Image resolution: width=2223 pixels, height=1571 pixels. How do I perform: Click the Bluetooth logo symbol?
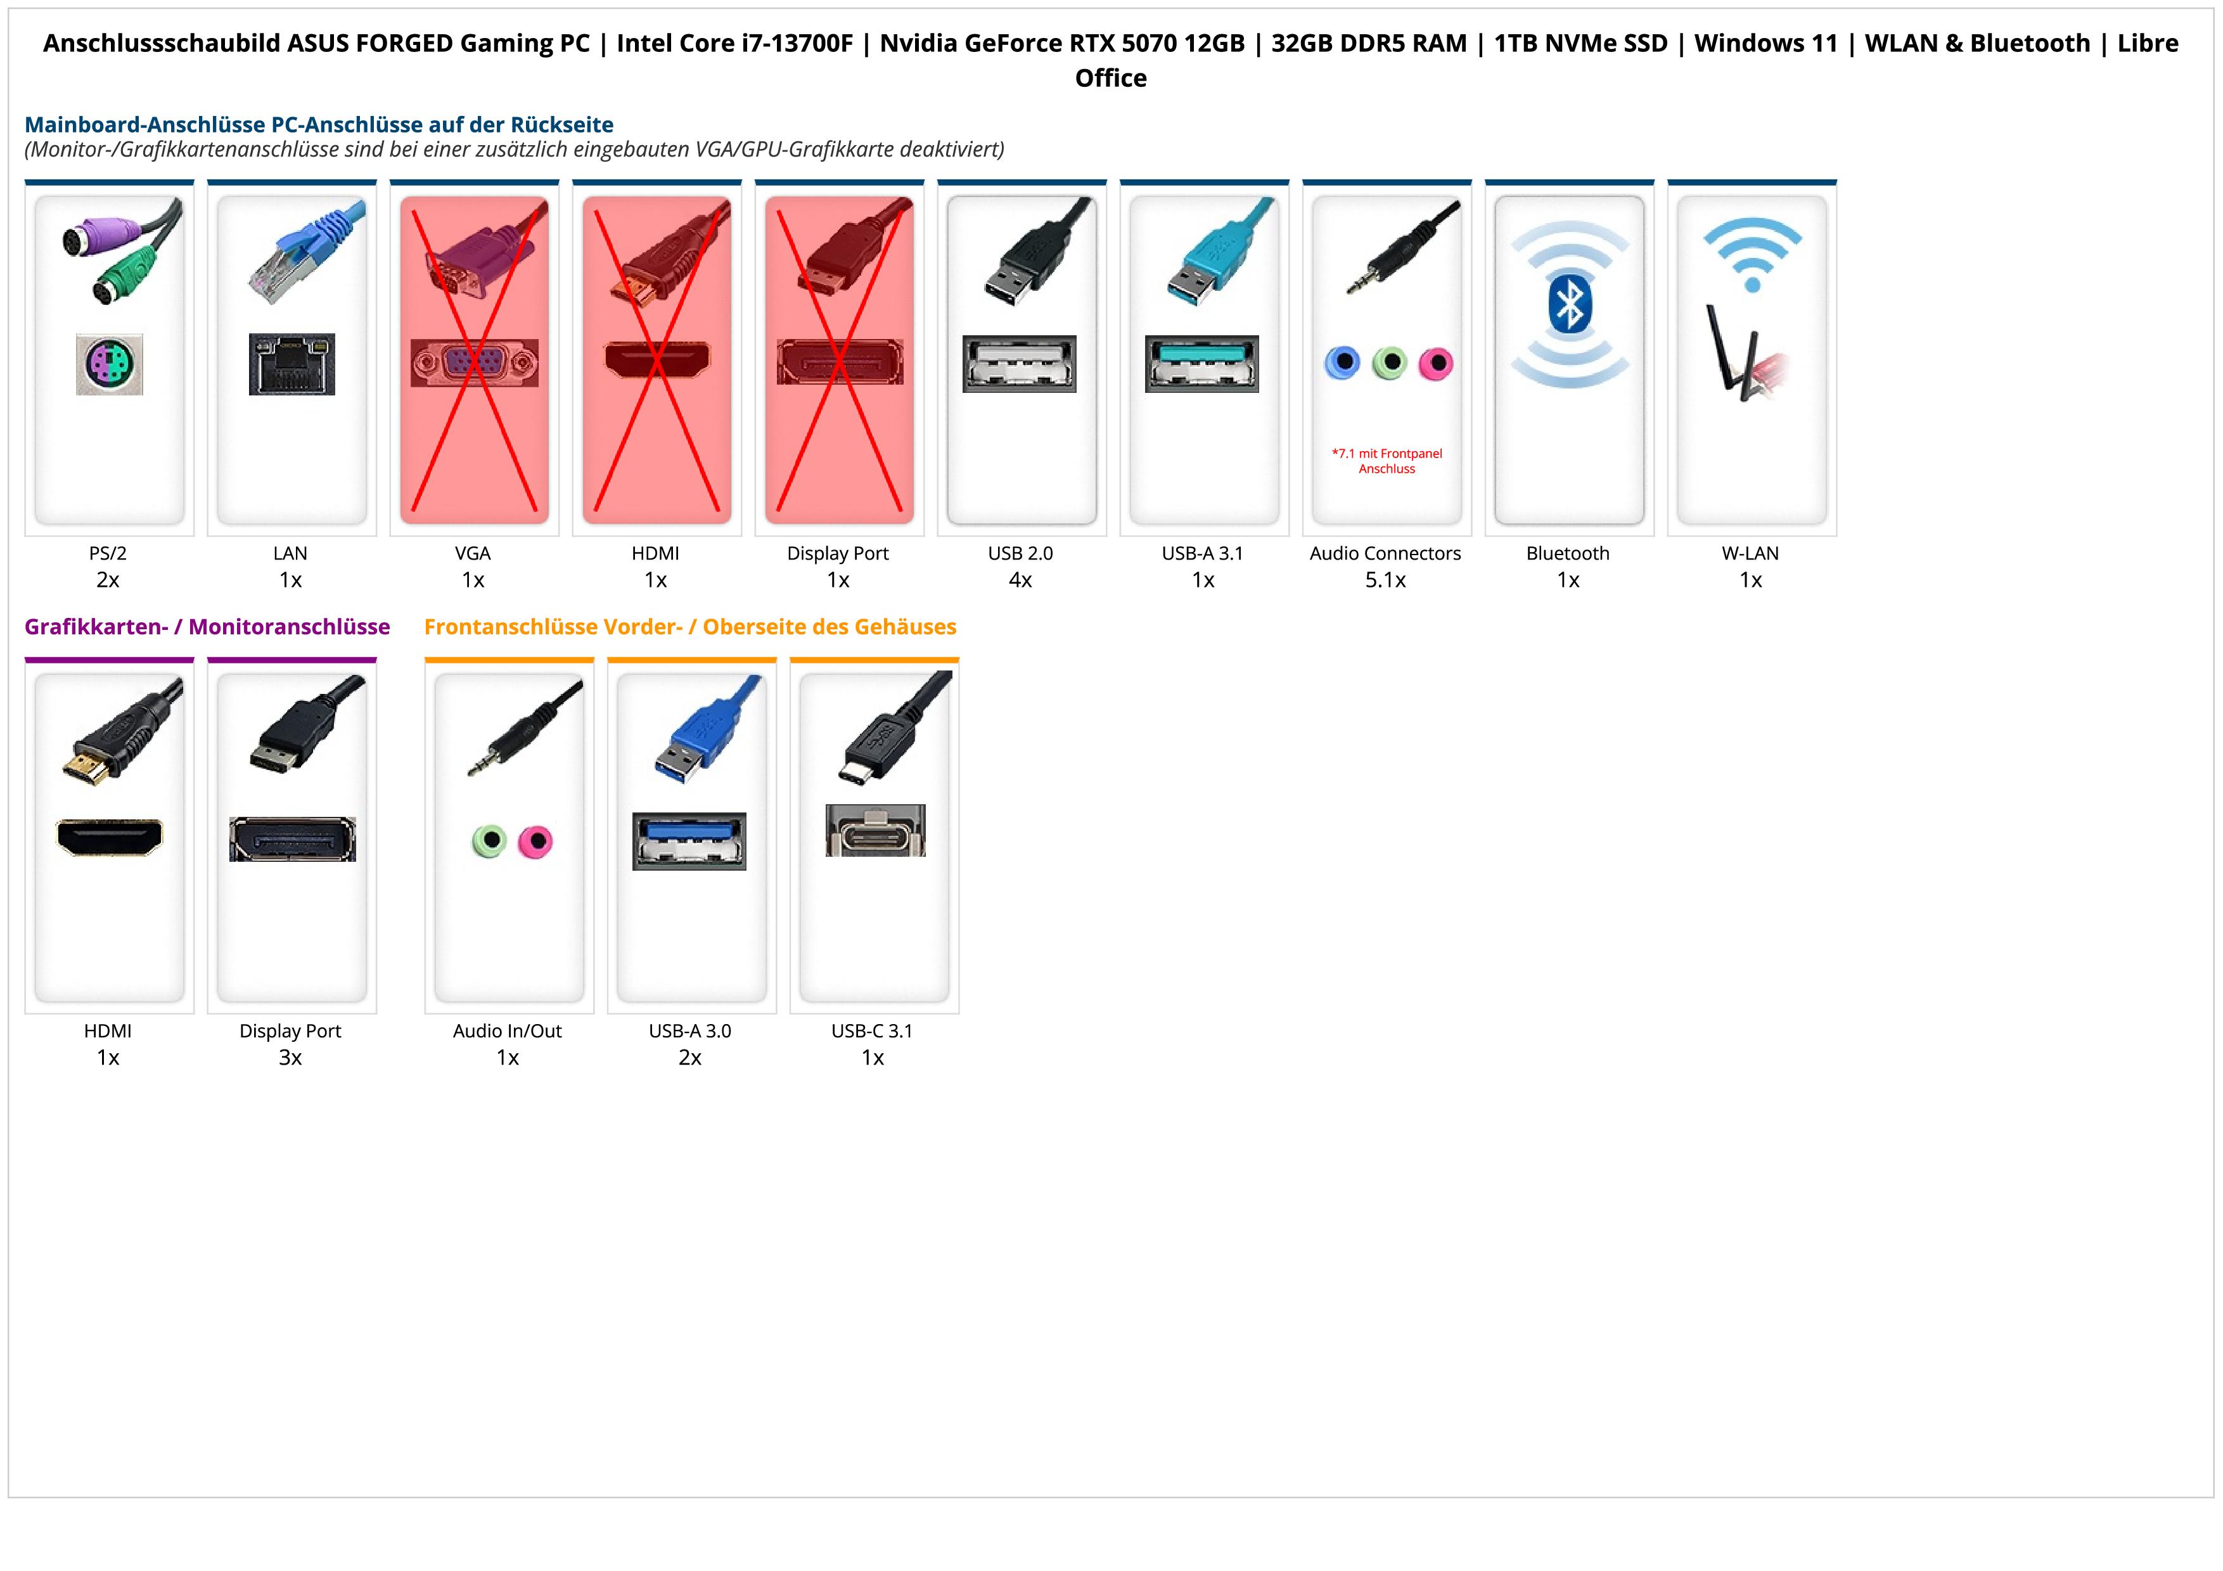[x=1568, y=304]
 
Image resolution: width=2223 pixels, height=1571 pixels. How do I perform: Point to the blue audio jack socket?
[x=1342, y=363]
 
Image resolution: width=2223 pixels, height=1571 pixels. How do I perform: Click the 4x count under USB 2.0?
[x=1020, y=580]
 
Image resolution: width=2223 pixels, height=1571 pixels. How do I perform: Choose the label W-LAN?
[x=1750, y=554]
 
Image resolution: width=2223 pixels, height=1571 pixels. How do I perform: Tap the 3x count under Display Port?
[x=290, y=1057]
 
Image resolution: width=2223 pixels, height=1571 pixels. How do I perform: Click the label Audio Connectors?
[x=1385, y=554]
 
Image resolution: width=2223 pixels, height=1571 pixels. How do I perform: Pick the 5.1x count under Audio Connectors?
[x=1385, y=580]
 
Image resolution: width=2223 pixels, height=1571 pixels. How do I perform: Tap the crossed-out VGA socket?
[x=473, y=363]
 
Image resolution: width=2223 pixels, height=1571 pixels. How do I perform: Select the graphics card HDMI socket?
[x=110, y=837]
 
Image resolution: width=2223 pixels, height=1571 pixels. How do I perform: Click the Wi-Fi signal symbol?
[x=1752, y=253]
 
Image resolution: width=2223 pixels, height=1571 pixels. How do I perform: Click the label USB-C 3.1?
[x=873, y=1031]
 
